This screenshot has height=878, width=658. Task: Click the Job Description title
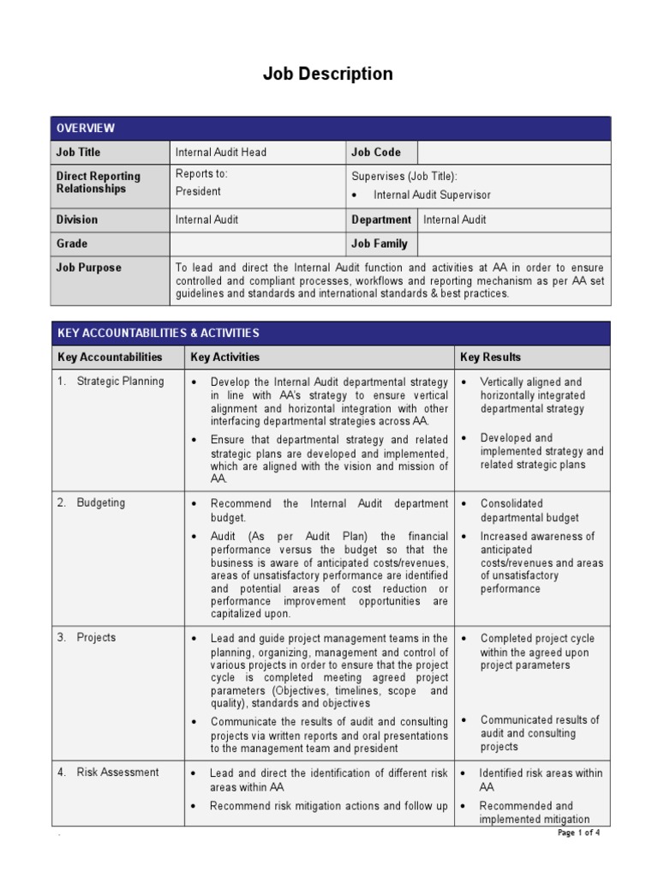coord(327,75)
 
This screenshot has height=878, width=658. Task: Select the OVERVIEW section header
coord(86,129)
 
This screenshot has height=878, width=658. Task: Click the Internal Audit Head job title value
coord(221,153)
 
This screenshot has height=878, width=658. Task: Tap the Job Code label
coord(375,153)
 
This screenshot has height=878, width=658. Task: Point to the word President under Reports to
coord(198,192)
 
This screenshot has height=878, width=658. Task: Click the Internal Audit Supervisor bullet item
coord(432,195)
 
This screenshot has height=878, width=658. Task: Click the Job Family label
coord(379,244)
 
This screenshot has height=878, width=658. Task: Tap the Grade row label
coord(72,244)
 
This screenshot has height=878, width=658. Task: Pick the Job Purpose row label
coord(89,268)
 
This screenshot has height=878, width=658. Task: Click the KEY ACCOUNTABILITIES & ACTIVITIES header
coord(158,334)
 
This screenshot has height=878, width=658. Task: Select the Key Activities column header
coord(224,358)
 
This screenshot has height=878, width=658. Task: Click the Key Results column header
coord(490,358)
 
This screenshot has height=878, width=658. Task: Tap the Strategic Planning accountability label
coord(120,382)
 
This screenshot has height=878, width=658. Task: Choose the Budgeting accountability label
coord(101,503)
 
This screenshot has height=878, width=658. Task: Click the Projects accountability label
coord(96,638)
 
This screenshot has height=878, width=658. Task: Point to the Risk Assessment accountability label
coord(117,773)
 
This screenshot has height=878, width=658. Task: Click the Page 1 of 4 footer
coord(578,833)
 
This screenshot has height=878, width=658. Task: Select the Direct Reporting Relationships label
coord(99,183)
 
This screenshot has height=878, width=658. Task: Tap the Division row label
coord(77,219)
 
